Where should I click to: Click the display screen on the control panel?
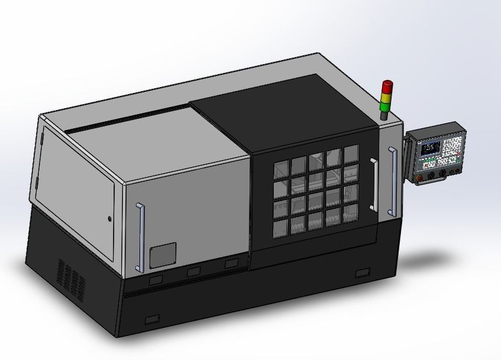pos(429,146)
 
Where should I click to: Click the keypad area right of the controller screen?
pos(452,150)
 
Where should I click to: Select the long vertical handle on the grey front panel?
pos(140,237)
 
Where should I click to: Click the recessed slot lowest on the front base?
pos(152,319)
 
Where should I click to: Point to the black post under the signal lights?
pos(384,115)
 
